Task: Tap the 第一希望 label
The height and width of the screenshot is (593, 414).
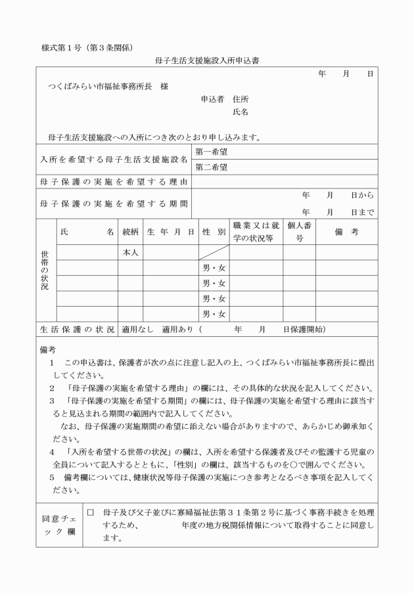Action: (x=211, y=152)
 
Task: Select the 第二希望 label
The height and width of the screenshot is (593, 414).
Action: (x=211, y=167)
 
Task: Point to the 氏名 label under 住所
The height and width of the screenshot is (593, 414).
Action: (x=241, y=112)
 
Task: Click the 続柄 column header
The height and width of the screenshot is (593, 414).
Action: (x=130, y=232)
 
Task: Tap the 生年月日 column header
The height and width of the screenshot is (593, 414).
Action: (x=171, y=232)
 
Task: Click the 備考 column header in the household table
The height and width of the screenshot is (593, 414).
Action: (x=346, y=232)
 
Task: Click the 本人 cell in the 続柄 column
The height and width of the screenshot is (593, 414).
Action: (x=130, y=253)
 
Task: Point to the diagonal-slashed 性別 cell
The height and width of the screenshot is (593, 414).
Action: (x=214, y=253)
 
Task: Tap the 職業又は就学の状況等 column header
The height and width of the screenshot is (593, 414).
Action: (x=256, y=232)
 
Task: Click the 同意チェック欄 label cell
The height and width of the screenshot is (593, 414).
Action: (x=58, y=524)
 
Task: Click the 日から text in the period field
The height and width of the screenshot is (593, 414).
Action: (x=362, y=196)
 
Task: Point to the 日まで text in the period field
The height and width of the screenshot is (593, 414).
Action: (x=362, y=212)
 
